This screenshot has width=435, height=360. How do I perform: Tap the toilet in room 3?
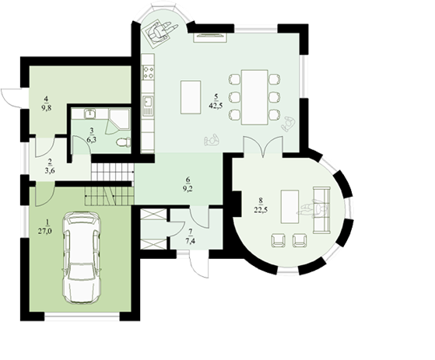[124, 142]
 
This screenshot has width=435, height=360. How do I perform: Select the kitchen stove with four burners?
[148, 72]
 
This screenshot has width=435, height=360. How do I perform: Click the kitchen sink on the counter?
[148, 106]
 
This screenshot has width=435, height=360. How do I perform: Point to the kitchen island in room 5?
[191, 97]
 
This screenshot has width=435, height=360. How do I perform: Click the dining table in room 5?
[254, 97]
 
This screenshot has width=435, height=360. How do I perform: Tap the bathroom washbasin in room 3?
[89, 114]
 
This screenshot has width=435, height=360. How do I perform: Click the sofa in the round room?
[322, 210]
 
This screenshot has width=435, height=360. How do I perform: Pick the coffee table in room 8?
[289, 207]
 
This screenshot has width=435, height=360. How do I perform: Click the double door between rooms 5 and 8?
[263, 147]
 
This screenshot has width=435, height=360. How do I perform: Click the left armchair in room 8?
[278, 240]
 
